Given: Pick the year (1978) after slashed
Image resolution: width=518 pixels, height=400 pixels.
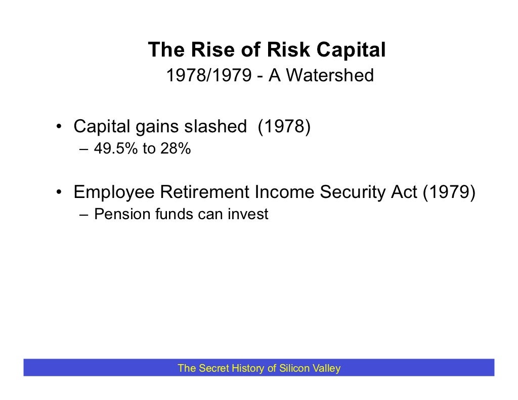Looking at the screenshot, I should tap(283, 127).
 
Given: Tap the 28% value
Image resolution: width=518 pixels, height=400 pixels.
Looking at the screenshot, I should tap(176, 149).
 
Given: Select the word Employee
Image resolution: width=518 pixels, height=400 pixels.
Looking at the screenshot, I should tap(114, 192).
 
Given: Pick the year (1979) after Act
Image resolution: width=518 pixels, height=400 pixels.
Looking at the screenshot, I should tap(450, 192).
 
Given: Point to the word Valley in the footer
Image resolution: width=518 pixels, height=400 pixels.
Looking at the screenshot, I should tap(327, 368).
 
